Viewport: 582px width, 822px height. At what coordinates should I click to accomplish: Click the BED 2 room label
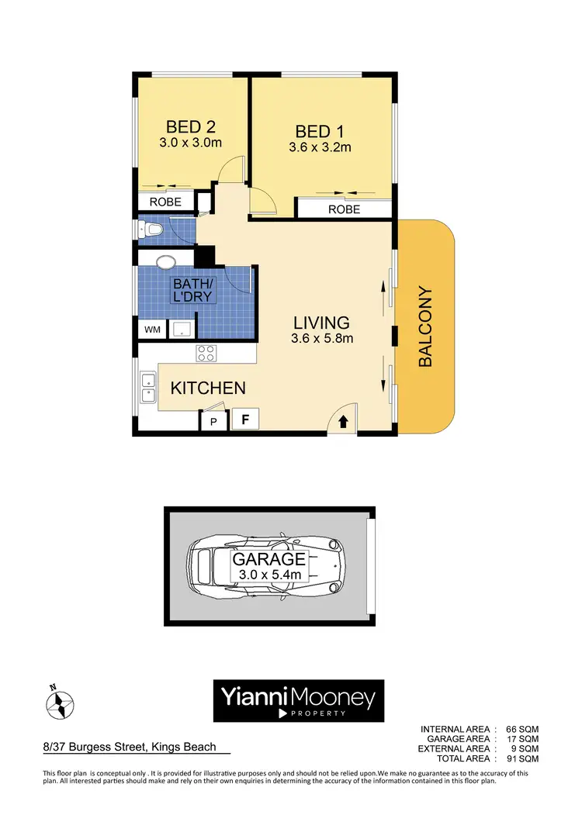pos(190,126)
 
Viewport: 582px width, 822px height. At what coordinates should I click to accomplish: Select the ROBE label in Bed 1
pos(344,209)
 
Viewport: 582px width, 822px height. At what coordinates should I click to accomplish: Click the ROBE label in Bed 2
pos(165,202)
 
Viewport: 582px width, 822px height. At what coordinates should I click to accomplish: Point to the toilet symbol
pos(151,230)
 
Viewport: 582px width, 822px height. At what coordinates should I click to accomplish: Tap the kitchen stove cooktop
pos(206,354)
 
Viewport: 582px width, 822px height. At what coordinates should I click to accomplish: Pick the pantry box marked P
pos(213,423)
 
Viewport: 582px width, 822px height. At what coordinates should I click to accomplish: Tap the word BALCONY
pos(425,326)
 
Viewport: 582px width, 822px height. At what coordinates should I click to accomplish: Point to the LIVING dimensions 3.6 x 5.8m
pos(322,339)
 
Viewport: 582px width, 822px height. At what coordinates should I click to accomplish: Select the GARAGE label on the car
pos(269,558)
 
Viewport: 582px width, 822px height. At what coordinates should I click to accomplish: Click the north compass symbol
pos(59,704)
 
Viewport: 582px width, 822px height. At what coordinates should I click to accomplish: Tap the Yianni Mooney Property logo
pos(298,701)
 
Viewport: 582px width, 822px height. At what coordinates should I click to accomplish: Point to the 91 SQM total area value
pos(522,758)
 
